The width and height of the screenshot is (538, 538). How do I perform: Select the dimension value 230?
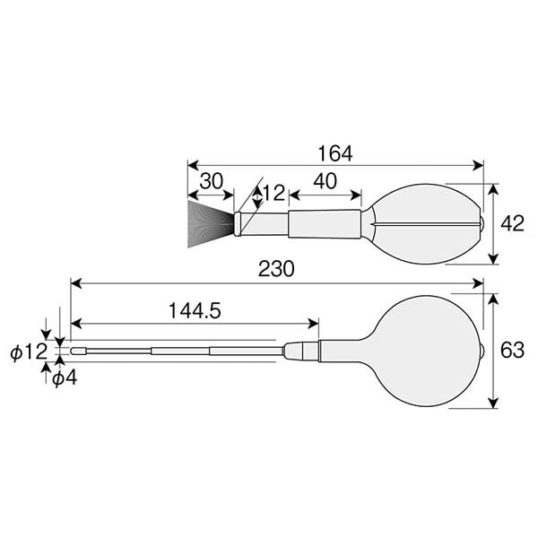[x=276, y=268]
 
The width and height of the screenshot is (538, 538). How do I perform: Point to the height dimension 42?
[x=512, y=224]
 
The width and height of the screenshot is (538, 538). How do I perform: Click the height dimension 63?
[x=512, y=351]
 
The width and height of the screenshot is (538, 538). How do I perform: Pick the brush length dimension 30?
[x=211, y=180]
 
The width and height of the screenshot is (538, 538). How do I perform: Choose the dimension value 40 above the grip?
[x=325, y=180]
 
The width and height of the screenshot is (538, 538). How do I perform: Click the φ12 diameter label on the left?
[x=27, y=352]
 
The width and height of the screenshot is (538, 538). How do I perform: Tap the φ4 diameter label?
[x=64, y=377]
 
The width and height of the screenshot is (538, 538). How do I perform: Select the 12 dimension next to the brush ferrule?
[x=272, y=193]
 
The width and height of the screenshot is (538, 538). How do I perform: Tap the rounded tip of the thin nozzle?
[x=76, y=351]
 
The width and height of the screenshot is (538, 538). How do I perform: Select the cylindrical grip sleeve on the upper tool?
[x=325, y=223]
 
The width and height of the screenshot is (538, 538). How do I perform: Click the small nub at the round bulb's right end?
[x=484, y=351]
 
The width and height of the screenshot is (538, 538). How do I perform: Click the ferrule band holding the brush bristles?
[x=238, y=224]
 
